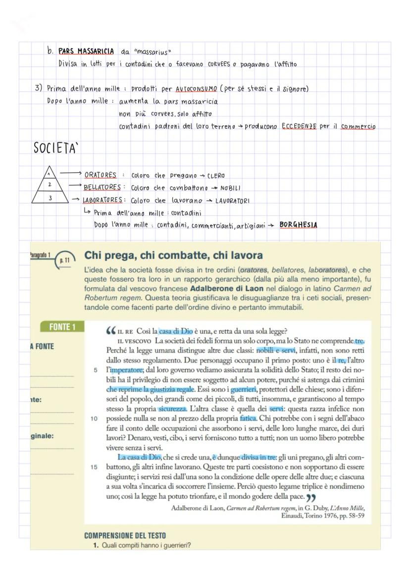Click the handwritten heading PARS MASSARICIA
[x=86, y=51]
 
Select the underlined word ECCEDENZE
[x=299, y=126]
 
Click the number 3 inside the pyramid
[x=50, y=198]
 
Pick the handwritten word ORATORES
[x=101, y=175]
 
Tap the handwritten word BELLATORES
[x=102, y=188]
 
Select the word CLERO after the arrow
[x=215, y=175]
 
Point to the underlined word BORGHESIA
[x=298, y=224]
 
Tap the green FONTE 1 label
[x=62, y=327]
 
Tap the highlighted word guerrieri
[x=245, y=390]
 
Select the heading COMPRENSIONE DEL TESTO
[x=125, y=535]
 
